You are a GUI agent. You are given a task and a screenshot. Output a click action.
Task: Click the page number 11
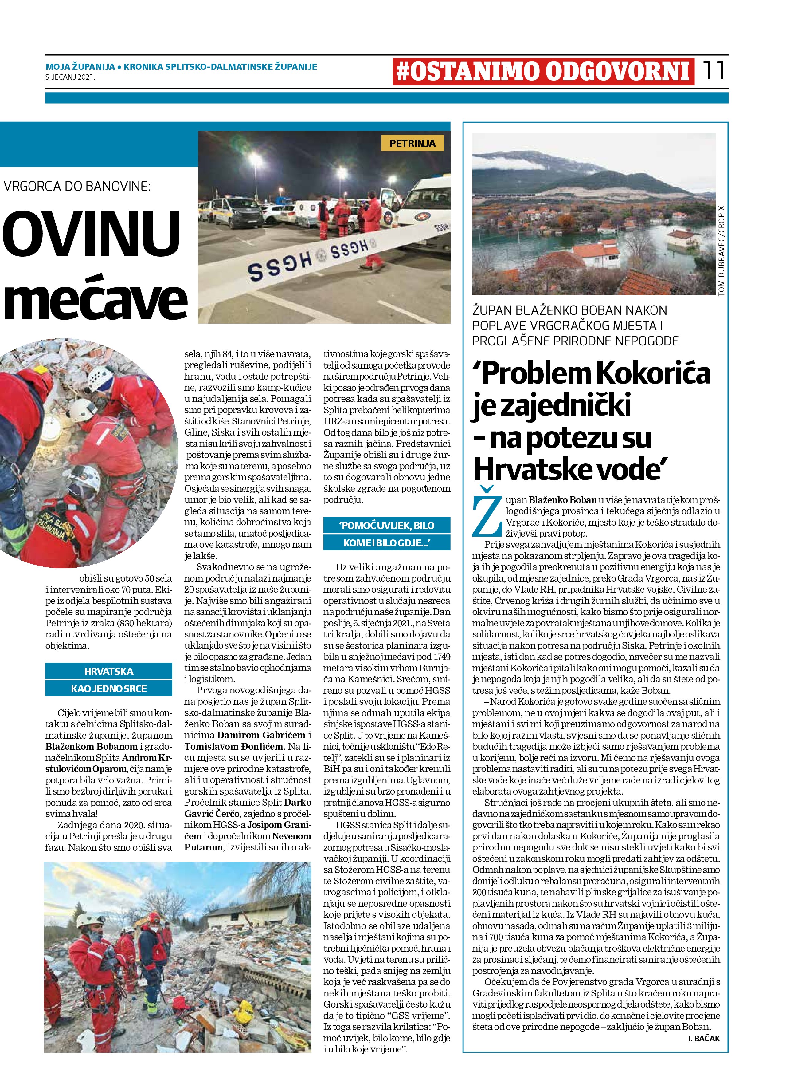(714, 71)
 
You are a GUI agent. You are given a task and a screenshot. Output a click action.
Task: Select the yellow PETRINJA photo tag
(412, 143)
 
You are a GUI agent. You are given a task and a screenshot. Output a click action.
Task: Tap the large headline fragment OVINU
(91, 233)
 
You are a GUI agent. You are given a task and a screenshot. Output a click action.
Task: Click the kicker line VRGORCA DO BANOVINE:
(77, 186)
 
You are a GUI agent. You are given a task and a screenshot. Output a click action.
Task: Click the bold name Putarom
(203, 847)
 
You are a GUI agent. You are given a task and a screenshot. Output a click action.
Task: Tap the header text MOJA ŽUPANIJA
(80, 67)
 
